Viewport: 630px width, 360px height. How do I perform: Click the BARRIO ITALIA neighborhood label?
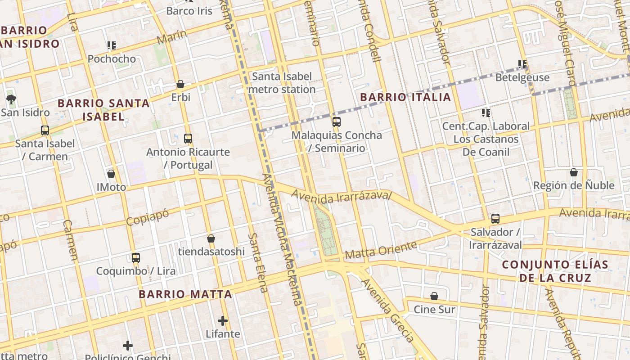pyautogui.click(x=405, y=97)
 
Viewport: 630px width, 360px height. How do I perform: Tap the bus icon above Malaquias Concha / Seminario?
pyautogui.click(x=336, y=121)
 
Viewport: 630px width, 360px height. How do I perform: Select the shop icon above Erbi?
pyautogui.click(x=180, y=84)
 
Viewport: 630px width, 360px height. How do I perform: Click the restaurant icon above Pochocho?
pyautogui.click(x=112, y=45)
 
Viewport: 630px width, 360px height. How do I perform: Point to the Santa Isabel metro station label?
pyautogui.click(x=282, y=83)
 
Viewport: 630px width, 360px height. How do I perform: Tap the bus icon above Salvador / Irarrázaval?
pyautogui.click(x=495, y=219)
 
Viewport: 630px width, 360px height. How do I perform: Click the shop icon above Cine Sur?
pyautogui.click(x=434, y=296)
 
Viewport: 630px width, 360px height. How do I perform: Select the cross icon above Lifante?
pyautogui.click(x=222, y=321)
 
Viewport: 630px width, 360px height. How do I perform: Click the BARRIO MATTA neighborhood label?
pyautogui.click(x=185, y=294)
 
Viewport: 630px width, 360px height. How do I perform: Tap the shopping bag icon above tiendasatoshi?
pyautogui.click(x=211, y=238)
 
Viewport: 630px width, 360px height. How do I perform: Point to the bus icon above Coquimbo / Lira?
pyautogui.click(x=136, y=258)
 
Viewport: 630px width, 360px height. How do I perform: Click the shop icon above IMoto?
pyautogui.click(x=111, y=174)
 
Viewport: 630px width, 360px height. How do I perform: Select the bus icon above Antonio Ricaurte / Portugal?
pyautogui.click(x=188, y=139)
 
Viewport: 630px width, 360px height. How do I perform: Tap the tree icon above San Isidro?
pyautogui.click(x=11, y=99)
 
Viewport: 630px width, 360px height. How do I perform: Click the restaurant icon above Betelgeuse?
pyautogui.click(x=522, y=64)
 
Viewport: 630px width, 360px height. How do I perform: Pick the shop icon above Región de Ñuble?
pyautogui.click(x=574, y=172)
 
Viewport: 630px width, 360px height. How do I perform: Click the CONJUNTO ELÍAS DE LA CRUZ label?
pyautogui.click(x=555, y=271)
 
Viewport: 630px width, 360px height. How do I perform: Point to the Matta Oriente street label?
pyautogui.click(x=381, y=251)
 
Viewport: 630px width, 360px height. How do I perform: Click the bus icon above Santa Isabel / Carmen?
pyautogui.click(x=45, y=130)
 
